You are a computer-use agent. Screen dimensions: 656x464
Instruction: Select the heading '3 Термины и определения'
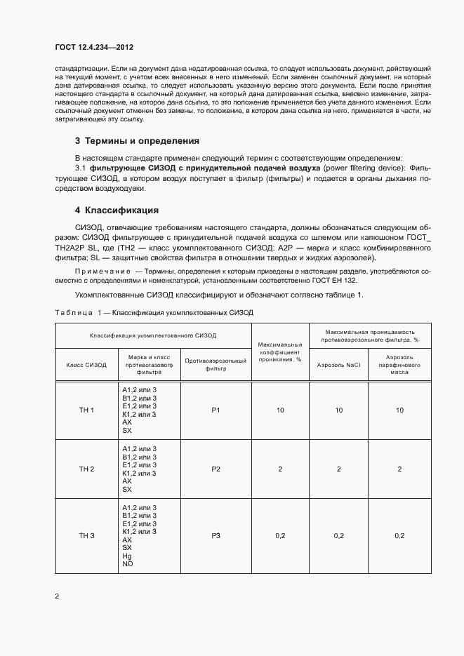point(137,140)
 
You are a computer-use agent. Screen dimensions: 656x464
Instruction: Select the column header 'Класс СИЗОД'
point(86,365)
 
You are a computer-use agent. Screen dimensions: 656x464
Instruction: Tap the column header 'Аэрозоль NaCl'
point(338,365)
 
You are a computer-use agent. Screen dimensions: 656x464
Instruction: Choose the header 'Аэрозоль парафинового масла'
point(399,366)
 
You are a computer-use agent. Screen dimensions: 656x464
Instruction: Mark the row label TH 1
point(86,410)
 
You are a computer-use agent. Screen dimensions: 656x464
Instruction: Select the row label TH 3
point(86,536)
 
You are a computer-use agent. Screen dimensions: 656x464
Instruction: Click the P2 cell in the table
point(216,469)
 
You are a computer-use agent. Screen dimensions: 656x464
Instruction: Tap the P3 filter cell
point(216,536)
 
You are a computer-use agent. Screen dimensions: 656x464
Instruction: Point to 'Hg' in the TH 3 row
point(127,556)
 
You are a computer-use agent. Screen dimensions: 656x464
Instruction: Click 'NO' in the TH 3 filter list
point(127,564)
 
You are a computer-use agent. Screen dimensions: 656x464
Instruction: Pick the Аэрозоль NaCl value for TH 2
point(338,469)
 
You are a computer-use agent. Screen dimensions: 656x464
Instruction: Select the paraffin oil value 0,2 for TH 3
point(399,536)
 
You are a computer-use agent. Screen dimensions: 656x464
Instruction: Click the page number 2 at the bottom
point(57,596)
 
